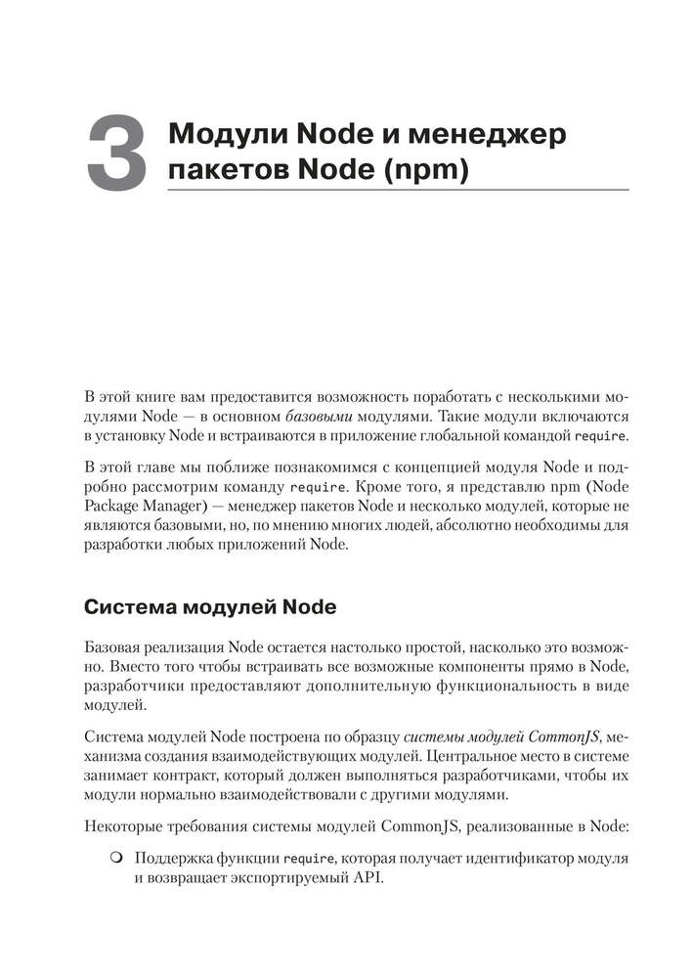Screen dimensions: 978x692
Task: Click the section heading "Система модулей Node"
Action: (x=211, y=607)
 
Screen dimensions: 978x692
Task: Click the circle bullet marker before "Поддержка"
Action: (x=115, y=858)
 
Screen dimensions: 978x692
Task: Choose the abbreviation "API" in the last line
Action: (x=366, y=876)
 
